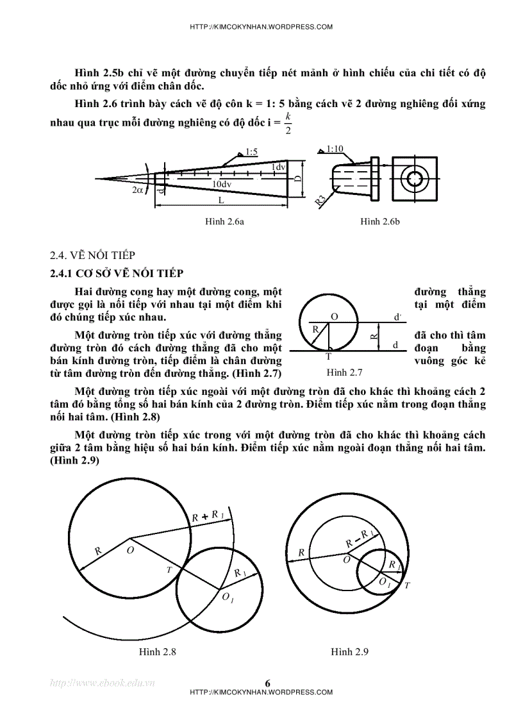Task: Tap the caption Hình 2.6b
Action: (x=380, y=221)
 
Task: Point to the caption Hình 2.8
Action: (x=158, y=651)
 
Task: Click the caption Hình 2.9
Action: (x=349, y=651)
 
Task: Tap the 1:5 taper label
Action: (x=251, y=153)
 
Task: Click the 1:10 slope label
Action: (x=335, y=149)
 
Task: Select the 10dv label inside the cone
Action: (x=222, y=184)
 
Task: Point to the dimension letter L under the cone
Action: (x=220, y=200)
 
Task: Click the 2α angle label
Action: (x=138, y=190)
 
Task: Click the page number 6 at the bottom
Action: (x=267, y=683)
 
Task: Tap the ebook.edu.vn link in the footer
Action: (x=103, y=683)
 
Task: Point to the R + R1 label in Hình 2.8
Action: (x=208, y=517)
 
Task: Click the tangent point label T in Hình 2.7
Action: (x=329, y=356)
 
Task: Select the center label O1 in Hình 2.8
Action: (x=228, y=598)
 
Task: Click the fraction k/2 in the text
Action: (x=288, y=122)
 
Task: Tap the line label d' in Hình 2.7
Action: (x=397, y=317)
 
